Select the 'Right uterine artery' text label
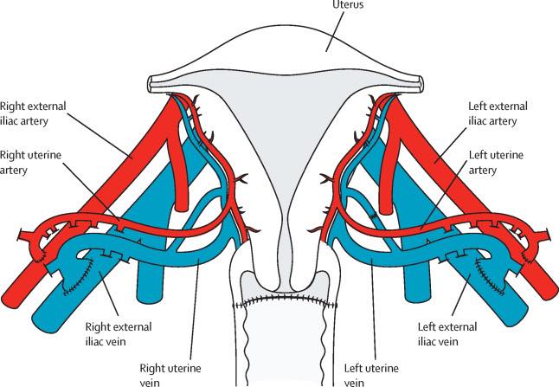(x=26, y=164)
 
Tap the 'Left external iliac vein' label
(x=440, y=333)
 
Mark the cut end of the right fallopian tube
(x=151, y=83)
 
